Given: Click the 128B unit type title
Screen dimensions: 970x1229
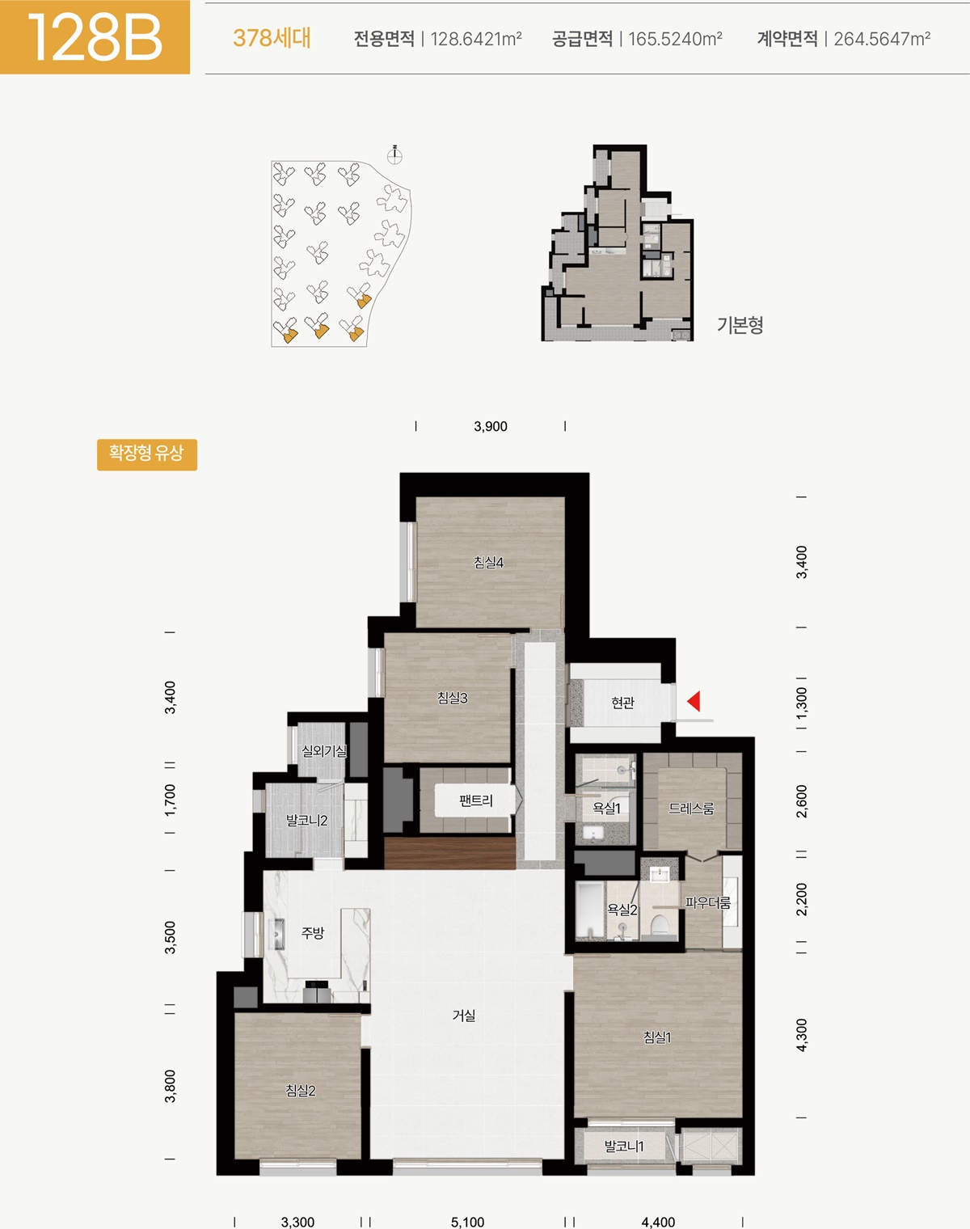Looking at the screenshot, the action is click(x=95, y=38).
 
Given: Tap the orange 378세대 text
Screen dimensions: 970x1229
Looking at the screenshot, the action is click(x=272, y=38).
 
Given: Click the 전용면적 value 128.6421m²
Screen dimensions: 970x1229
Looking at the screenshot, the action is click(x=476, y=38).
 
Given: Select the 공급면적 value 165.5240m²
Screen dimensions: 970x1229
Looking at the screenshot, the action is click(x=676, y=38).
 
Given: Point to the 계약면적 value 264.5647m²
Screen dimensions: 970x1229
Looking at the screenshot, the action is click(x=882, y=38).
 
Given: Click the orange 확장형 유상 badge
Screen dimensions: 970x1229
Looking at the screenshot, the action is click(x=147, y=454).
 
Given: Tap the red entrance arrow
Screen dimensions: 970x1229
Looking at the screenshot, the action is click(x=694, y=701).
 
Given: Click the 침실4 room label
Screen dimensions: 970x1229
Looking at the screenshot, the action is click(x=489, y=563).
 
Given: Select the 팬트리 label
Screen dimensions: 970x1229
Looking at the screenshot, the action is click(x=475, y=800).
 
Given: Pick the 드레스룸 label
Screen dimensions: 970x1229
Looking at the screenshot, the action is click(x=691, y=808).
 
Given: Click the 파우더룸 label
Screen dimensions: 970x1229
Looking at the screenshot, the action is click(x=708, y=902).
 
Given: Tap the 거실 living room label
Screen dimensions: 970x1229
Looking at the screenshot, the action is click(x=464, y=1015).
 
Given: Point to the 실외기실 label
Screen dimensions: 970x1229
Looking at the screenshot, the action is click(x=323, y=751).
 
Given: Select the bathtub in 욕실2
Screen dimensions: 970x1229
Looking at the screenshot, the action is click(x=589, y=910).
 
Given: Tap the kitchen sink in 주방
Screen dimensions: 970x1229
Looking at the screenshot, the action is click(x=279, y=934).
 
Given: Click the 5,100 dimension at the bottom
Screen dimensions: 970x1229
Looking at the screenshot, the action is click(x=467, y=1222).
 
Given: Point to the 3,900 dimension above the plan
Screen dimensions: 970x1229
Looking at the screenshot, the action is click(x=491, y=426).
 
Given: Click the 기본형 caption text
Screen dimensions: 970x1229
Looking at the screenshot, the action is click(x=740, y=325).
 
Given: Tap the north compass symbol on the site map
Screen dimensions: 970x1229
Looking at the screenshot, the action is click(x=394, y=154).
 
